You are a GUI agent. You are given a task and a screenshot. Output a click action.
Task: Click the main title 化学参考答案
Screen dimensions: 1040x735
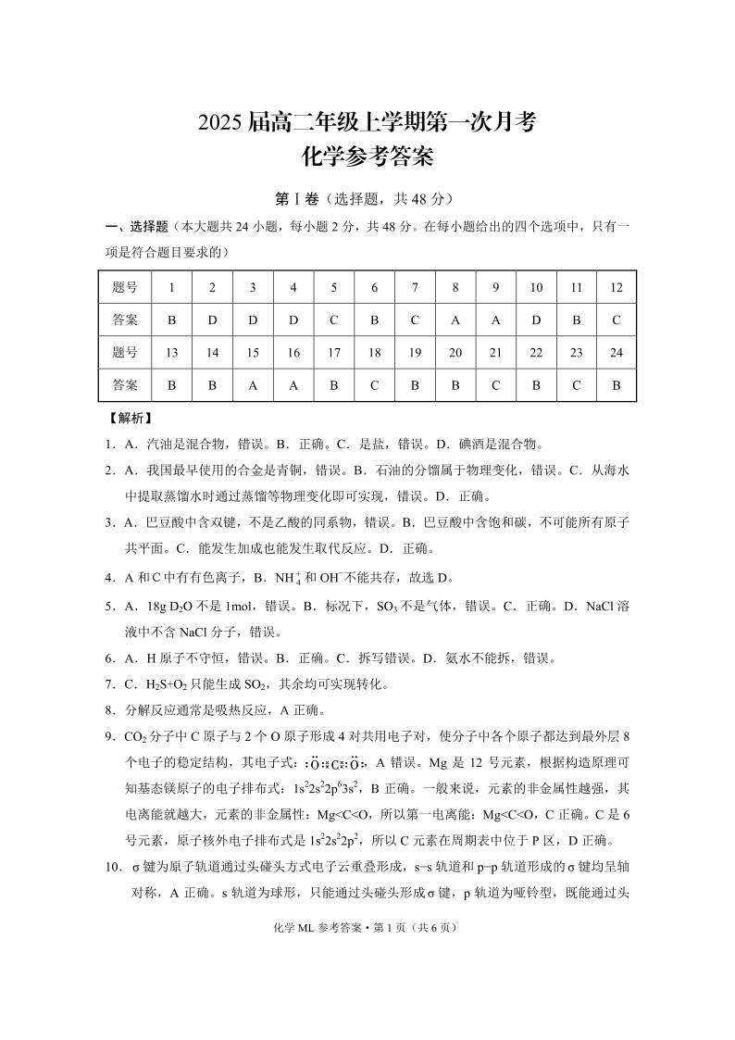367,158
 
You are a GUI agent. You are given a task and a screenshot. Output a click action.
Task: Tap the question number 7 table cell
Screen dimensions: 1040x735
415,287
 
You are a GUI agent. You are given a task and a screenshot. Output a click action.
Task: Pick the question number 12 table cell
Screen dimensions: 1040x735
617,287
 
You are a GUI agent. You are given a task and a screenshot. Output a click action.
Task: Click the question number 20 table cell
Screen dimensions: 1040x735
455,352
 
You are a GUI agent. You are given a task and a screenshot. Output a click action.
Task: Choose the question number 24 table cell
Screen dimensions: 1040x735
617,352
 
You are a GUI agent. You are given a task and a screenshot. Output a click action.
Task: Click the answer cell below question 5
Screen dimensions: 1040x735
334,320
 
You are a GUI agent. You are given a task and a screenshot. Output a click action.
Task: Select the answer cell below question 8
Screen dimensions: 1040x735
455,320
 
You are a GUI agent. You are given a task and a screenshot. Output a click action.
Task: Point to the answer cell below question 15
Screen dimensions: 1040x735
253,384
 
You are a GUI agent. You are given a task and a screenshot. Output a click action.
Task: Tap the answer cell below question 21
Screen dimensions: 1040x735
496,384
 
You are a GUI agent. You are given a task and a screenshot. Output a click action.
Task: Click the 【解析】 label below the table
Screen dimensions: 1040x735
130,418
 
